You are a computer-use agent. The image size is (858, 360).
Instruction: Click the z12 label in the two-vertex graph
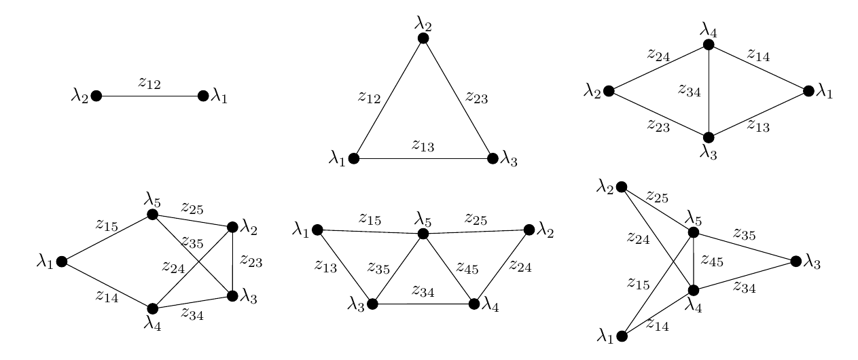149,84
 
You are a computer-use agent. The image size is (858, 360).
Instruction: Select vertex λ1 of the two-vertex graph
203,96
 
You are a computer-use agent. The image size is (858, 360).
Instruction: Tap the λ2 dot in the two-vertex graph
96,96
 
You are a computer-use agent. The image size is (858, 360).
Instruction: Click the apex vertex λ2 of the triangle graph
423,39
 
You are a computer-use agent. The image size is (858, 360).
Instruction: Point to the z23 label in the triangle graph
476,97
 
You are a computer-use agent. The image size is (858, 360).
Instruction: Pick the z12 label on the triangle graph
369,97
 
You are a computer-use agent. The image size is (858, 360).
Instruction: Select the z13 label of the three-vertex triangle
423,145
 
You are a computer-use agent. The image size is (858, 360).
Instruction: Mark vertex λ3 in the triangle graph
493,159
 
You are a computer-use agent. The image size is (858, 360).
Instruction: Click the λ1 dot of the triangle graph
353,159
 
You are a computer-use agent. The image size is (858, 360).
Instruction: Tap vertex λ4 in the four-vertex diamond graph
709,45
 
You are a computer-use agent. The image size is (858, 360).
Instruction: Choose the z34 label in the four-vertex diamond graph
690,90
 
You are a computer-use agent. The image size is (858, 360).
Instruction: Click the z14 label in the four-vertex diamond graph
758,56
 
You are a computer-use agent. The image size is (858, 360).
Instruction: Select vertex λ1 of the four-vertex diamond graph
808,91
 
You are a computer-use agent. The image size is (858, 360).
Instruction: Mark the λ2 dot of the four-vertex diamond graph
609,91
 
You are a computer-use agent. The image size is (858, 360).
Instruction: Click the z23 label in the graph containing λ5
251,262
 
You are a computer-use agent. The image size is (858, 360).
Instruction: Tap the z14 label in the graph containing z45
657,326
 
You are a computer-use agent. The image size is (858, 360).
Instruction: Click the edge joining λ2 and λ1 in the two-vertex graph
149,96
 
